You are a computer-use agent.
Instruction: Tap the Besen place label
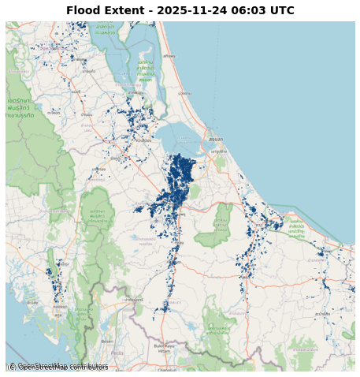click(x=107, y=342)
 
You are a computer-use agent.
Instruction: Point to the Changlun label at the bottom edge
click(x=167, y=369)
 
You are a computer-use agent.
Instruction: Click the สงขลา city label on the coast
click(x=215, y=139)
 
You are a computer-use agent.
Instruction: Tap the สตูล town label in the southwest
click(x=57, y=315)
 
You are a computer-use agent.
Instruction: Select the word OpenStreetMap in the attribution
click(x=53, y=367)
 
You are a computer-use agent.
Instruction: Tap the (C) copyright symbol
click(x=12, y=367)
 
